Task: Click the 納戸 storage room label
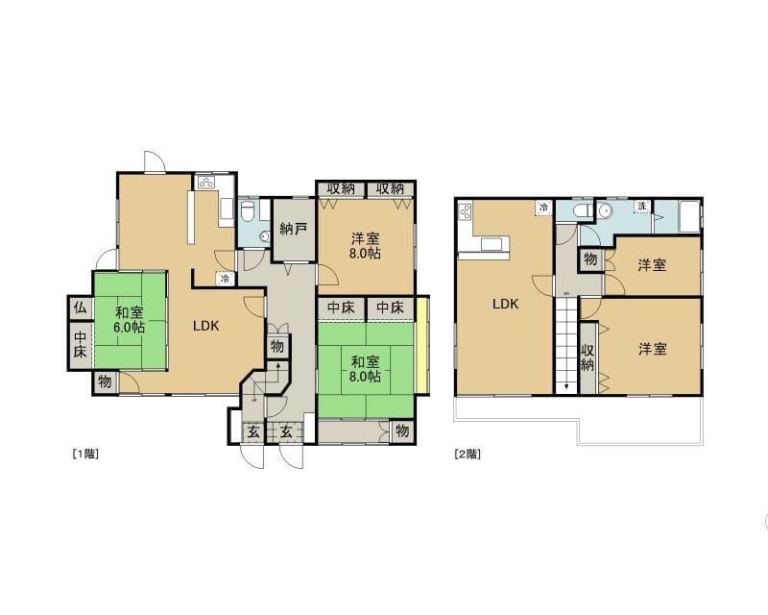tap(294, 229)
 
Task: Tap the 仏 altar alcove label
tap(80, 308)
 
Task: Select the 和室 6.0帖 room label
tap(130, 320)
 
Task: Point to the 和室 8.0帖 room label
tap(366, 369)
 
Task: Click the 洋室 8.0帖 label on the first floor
tap(366, 246)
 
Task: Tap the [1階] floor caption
tap(85, 454)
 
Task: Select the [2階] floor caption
tap(468, 454)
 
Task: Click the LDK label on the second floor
tap(506, 304)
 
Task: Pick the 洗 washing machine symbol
tap(642, 207)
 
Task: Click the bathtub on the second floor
tap(689, 217)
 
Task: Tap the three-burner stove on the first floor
tap(206, 183)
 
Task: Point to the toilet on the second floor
tap(582, 209)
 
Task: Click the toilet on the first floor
tap(247, 209)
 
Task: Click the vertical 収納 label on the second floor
tap(588, 357)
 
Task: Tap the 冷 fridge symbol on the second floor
tap(543, 207)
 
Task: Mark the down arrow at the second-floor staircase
tap(566, 386)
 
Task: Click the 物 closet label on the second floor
tap(590, 258)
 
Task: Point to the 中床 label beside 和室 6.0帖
tap(81, 344)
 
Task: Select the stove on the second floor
tap(466, 212)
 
